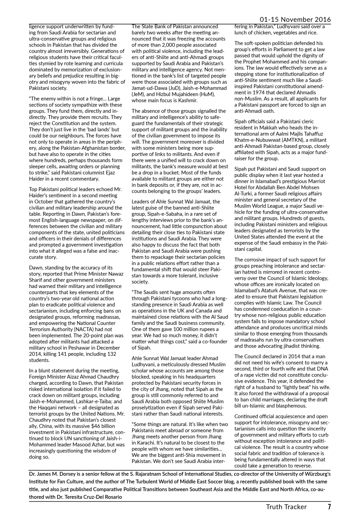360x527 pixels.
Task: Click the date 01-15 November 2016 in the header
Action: click(x=295, y=20)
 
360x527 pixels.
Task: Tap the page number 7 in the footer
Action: click(x=329, y=507)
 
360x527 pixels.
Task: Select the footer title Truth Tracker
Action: click(x=286, y=507)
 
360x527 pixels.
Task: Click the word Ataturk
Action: click(x=276, y=291)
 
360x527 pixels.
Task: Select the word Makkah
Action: click(x=256, y=128)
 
